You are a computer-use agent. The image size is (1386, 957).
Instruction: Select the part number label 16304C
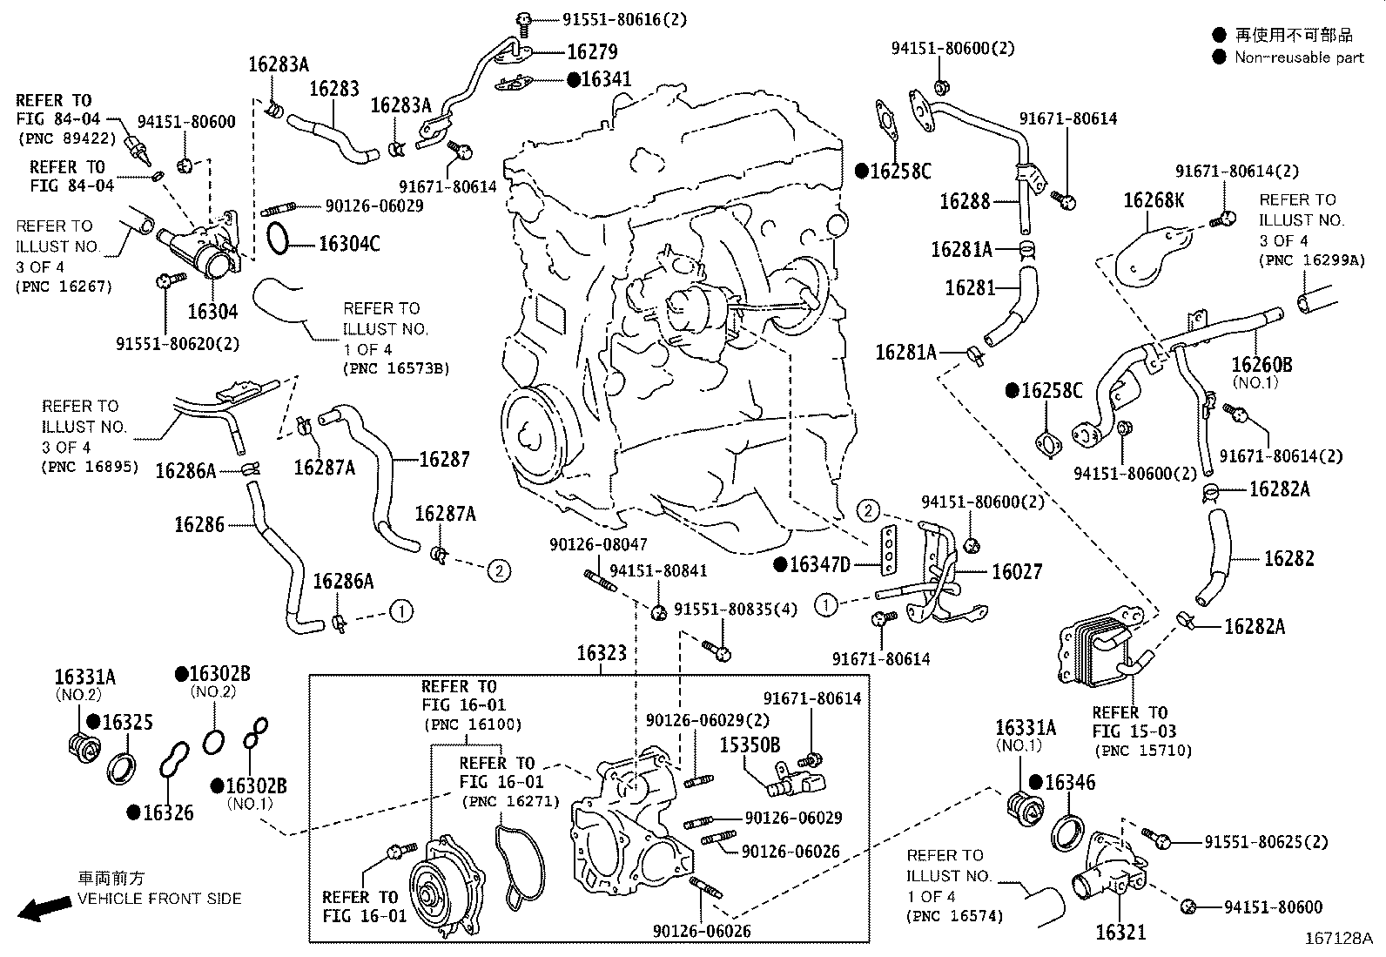349,243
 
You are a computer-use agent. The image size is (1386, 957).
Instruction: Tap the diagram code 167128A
1337,939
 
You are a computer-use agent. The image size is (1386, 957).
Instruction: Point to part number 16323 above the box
602,653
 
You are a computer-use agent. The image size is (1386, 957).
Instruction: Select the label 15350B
749,745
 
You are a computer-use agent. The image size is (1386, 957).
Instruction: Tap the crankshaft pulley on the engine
533,433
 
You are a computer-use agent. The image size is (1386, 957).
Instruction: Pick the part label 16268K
1153,201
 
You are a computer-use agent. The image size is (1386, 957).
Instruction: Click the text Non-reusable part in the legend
1299,57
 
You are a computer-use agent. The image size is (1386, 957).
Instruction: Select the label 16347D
819,565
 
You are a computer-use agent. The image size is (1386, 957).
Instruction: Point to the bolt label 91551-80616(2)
607,19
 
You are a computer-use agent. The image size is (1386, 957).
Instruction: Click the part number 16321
1120,932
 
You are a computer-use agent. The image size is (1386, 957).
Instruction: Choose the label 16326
168,812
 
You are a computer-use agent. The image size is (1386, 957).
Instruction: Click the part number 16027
1017,571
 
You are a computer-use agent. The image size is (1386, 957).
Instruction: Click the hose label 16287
444,459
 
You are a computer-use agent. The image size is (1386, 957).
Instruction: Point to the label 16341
606,79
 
